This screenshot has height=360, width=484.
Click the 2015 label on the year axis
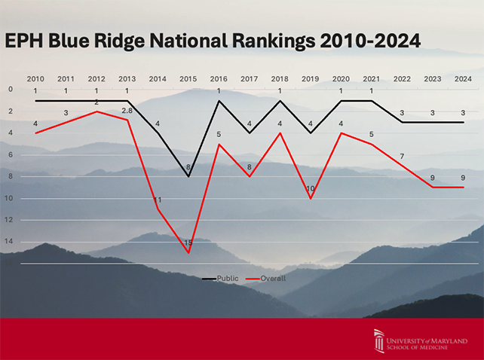(x=188, y=78)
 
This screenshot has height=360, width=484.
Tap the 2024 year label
(x=464, y=78)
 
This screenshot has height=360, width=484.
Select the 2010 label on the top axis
(x=35, y=78)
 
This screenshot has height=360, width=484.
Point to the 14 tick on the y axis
(x=11, y=242)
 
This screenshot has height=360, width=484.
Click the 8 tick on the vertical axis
(x=11, y=176)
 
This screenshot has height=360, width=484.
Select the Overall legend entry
(x=273, y=278)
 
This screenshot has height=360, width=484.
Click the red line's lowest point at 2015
(x=188, y=252)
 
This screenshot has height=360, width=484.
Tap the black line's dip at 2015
(x=188, y=176)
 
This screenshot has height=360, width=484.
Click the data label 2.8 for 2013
(x=127, y=111)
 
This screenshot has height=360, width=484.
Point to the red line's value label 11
(x=158, y=200)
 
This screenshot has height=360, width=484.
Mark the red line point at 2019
(x=311, y=198)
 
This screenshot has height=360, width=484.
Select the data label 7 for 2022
(x=402, y=157)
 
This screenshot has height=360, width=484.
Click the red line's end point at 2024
(x=463, y=188)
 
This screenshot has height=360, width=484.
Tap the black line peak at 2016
(x=219, y=100)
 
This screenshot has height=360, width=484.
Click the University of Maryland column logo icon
(x=379, y=340)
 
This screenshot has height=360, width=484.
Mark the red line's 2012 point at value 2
(x=96, y=111)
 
